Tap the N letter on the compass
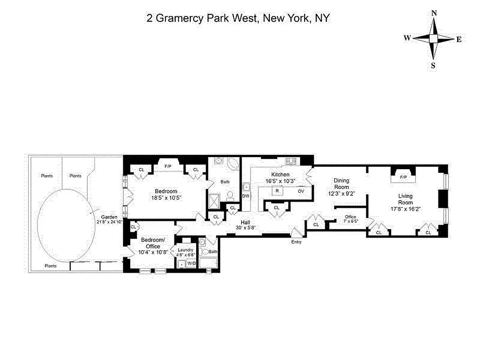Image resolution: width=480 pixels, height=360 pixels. (434, 13)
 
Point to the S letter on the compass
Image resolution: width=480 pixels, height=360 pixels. (433, 65)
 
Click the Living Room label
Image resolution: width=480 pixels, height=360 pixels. (405, 199)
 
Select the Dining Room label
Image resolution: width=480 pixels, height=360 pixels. (341, 184)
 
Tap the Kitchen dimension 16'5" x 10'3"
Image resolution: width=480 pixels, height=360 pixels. (280, 180)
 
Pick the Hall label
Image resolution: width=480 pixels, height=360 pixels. (245, 222)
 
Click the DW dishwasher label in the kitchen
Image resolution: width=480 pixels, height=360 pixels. (246, 196)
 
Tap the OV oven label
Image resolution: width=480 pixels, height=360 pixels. (301, 191)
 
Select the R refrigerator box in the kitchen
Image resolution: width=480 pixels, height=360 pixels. (277, 191)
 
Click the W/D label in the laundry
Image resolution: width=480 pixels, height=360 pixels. (191, 263)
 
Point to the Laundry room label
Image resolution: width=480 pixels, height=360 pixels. (185, 250)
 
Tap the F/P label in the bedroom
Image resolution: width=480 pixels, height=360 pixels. (168, 166)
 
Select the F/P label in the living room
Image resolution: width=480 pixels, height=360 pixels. (404, 177)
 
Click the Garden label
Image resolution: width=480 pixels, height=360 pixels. (109, 217)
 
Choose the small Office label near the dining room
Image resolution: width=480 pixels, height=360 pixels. (350, 217)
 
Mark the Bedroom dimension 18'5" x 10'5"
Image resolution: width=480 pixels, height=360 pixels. (166, 197)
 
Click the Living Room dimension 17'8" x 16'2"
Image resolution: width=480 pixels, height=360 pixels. (405, 209)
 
